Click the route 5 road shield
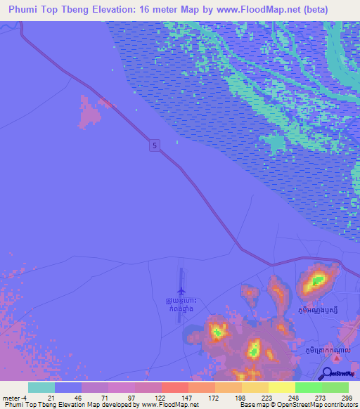point(155,145)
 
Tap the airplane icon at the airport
point(181,290)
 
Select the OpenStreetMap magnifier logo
point(326,374)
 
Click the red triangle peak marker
point(337,359)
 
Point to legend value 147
point(175,398)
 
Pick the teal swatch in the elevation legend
point(41,387)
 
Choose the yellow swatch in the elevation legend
point(281,387)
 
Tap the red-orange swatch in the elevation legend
point(175,387)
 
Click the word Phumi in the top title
point(24,10)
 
